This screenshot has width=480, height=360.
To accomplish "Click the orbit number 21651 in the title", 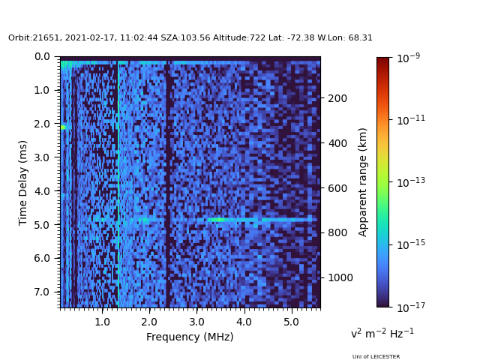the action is [46, 37].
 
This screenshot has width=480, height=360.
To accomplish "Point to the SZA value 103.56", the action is [195, 37].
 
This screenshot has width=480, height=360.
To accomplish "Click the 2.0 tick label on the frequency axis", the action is [149, 322].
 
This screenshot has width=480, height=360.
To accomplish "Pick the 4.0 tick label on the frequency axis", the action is [244, 322].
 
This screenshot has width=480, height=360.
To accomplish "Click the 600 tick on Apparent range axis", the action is [337, 188].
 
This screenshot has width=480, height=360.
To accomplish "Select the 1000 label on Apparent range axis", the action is [340, 277].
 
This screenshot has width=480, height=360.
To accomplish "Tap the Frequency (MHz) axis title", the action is [190, 337].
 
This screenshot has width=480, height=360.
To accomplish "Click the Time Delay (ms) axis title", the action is [22, 183].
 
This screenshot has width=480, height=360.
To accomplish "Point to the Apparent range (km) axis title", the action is [362, 182].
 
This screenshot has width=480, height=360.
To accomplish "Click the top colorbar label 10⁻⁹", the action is [408, 58].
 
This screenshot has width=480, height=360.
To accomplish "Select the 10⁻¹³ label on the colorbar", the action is [411, 181].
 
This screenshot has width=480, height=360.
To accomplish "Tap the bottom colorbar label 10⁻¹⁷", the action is [411, 307].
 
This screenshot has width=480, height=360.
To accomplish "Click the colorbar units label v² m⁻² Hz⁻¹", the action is [382, 333].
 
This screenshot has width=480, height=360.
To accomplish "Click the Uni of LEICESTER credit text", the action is [376, 357].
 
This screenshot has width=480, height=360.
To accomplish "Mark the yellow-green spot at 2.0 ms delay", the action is [63, 127].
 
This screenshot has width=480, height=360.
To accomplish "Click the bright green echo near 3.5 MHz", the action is [216, 220].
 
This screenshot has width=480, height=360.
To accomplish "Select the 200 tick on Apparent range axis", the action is [337, 98].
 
